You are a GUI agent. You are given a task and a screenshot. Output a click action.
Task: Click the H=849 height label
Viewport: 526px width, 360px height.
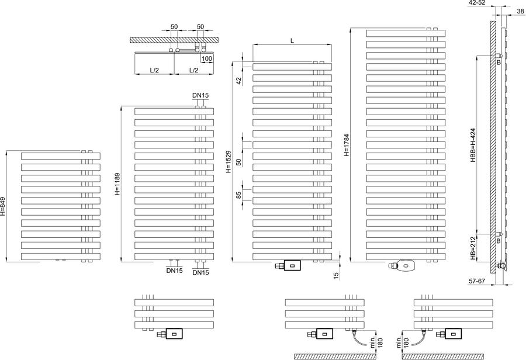pyautogui.click(x=3, y=206)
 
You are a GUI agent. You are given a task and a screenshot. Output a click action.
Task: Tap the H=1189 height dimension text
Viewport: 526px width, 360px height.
pyautogui.click(x=117, y=184)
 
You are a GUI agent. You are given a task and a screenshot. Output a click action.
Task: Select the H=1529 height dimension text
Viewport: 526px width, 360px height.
pyautogui.click(x=229, y=162)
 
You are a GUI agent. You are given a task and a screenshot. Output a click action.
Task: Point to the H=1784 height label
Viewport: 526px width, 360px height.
pyautogui.click(x=347, y=146)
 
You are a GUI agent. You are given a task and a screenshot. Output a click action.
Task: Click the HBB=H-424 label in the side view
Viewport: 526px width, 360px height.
pyautogui.click(x=473, y=146)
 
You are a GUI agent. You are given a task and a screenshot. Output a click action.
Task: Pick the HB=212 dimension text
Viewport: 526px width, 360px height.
pyautogui.click(x=473, y=248)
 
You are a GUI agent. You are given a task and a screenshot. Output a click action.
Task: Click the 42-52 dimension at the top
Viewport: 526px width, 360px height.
pyautogui.click(x=477, y=3)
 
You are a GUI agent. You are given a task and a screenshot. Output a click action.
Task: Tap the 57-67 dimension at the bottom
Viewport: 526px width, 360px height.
pyautogui.click(x=477, y=281)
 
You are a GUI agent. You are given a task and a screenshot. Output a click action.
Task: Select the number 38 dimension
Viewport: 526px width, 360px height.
pyautogui.click(x=520, y=11)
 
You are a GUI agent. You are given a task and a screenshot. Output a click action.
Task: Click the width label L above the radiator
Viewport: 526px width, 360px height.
pyautogui.click(x=292, y=40)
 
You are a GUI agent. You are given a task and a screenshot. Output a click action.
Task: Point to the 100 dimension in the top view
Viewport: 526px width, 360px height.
pyautogui.click(x=207, y=58)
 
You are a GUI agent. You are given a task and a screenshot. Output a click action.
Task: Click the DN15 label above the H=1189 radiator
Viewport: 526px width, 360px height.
pyautogui.click(x=200, y=95)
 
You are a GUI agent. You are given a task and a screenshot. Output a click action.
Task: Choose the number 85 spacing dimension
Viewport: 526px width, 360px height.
pyautogui.click(x=239, y=195)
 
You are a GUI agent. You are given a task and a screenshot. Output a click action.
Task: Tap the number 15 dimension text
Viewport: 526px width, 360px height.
pyautogui.click(x=337, y=275)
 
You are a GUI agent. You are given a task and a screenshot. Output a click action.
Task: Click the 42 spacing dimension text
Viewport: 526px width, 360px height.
pyautogui.click(x=239, y=81)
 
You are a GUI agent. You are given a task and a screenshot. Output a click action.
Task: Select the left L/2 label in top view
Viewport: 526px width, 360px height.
pyautogui.click(x=154, y=70)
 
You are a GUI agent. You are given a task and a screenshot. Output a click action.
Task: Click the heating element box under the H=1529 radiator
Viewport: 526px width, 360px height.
pyautogui.click(x=292, y=265)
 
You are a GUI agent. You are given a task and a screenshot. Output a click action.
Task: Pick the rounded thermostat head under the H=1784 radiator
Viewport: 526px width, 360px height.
pyautogui.click(x=406, y=265)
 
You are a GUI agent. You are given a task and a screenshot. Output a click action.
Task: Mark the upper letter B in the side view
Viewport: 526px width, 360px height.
pyautogui.click(x=499, y=63)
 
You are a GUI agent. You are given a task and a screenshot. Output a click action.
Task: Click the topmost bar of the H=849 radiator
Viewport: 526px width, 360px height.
pyautogui.click(x=61, y=156)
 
